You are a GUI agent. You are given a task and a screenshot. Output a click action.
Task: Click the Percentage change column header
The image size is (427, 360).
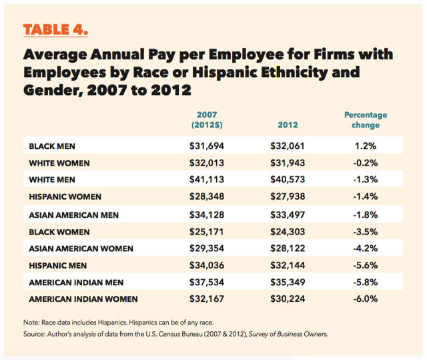(x=366, y=120)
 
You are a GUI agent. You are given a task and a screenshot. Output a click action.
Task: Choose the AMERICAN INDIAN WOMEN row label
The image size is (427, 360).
(x=83, y=299)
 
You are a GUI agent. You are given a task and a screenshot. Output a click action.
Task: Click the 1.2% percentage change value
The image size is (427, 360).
(x=366, y=145)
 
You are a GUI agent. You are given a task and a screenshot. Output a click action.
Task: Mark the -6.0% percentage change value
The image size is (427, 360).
(x=366, y=299)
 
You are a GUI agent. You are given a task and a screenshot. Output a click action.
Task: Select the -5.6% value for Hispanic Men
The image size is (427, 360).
(x=366, y=264)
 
